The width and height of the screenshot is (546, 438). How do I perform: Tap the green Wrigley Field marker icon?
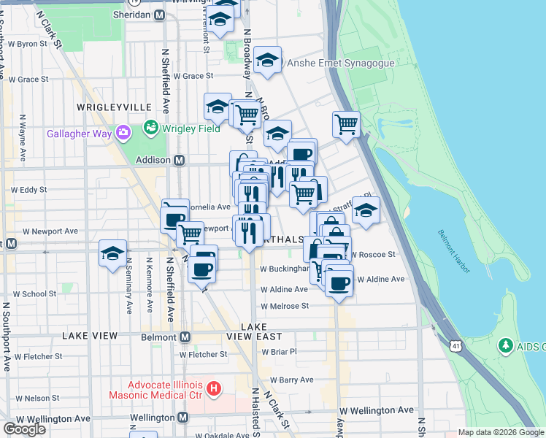[151, 128]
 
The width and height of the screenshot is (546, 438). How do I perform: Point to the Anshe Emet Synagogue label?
[341, 63]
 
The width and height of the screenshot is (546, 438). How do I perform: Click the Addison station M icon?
[178, 160]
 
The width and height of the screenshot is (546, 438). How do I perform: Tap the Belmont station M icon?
[185, 337]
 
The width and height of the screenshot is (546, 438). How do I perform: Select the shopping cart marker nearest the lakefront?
[345, 123]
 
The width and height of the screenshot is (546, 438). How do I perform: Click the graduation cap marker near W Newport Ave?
[113, 253]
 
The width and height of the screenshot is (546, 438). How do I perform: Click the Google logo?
[24, 429]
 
